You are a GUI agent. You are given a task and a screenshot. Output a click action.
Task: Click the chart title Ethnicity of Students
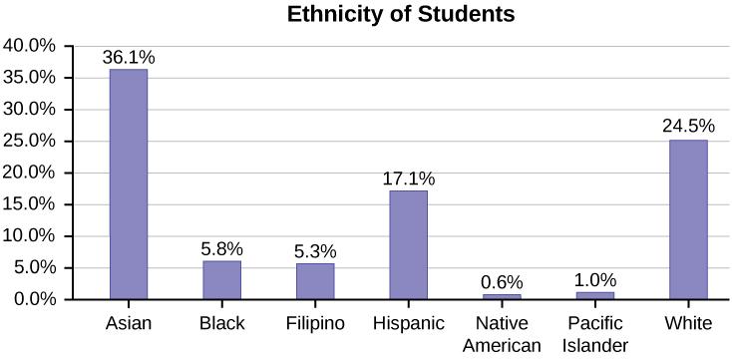click(402, 15)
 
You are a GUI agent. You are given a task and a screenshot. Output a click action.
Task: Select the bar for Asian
click(129, 184)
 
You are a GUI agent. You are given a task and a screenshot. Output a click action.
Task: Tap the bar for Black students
click(221, 279)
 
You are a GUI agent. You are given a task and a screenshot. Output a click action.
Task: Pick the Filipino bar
click(315, 281)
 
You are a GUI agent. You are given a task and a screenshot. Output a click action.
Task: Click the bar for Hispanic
click(408, 244)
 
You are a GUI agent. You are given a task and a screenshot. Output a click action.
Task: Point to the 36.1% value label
click(129, 57)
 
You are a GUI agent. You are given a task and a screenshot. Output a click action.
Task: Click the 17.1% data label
click(408, 179)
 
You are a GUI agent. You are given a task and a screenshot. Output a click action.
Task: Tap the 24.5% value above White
click(688, 128)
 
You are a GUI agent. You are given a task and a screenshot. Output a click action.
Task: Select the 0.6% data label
click(502, 282)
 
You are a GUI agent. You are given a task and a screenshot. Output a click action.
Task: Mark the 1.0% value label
click(595, 280)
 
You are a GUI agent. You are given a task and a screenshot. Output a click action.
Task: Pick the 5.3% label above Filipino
click(315, 251)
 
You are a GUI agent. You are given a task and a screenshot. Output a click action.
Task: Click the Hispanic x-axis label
click(408, 323)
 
